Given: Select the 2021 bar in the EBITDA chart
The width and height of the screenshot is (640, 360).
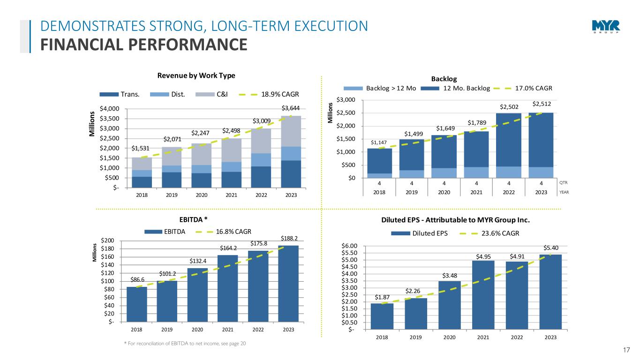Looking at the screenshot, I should pos(228,288).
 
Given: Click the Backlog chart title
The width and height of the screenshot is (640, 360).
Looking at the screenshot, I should pos(444,79).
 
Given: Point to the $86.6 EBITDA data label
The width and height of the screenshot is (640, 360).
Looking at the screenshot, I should pos(137,280).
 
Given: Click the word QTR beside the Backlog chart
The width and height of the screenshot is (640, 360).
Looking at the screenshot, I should pos(565,183).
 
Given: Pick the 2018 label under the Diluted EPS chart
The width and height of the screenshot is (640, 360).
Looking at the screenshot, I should pos(382,337).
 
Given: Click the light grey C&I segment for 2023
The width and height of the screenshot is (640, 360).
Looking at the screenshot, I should pos(291,131).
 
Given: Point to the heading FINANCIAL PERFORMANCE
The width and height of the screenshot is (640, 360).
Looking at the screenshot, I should pos(143,45).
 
